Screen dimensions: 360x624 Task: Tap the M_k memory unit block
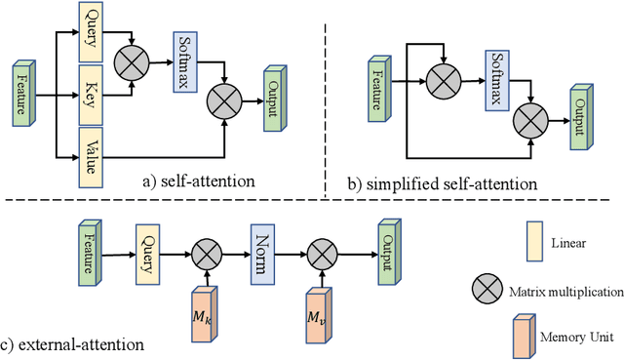coord(205,314)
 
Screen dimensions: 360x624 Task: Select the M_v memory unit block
coord(318,315)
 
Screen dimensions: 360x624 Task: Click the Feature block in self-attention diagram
coord(21,95)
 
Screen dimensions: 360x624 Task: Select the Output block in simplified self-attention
coord(582,120)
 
